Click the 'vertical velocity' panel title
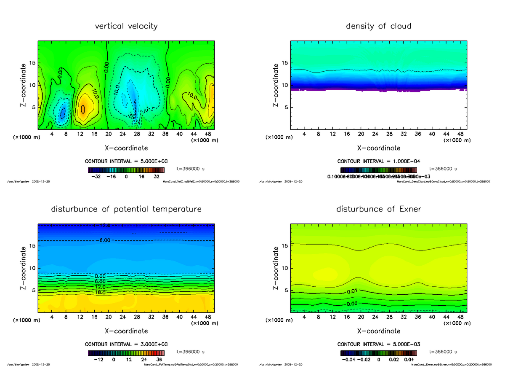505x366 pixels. pos(126,26)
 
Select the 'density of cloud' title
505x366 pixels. pos(378,26)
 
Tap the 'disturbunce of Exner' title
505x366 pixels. pos(378,209)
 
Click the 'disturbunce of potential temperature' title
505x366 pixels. pos(126,209)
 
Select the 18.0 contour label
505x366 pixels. pos(100,292)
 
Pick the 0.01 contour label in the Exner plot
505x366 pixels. pos(353,291)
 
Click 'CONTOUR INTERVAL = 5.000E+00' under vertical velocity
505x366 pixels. pos(126,161)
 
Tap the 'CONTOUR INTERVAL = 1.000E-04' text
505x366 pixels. pos(378,161)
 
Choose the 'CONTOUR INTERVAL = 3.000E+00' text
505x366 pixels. pos(126,344)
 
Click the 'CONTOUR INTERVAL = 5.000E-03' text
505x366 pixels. pos(378,344)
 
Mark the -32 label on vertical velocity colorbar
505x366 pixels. pos(97,177)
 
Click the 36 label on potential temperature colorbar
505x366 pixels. pos(159,360)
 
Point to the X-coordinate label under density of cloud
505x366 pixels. pos(378,148)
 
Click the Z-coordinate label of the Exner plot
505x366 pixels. pos(276,268)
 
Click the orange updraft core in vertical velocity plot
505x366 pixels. pos(83,108)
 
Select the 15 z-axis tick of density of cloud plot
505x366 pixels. pos(285,63)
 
